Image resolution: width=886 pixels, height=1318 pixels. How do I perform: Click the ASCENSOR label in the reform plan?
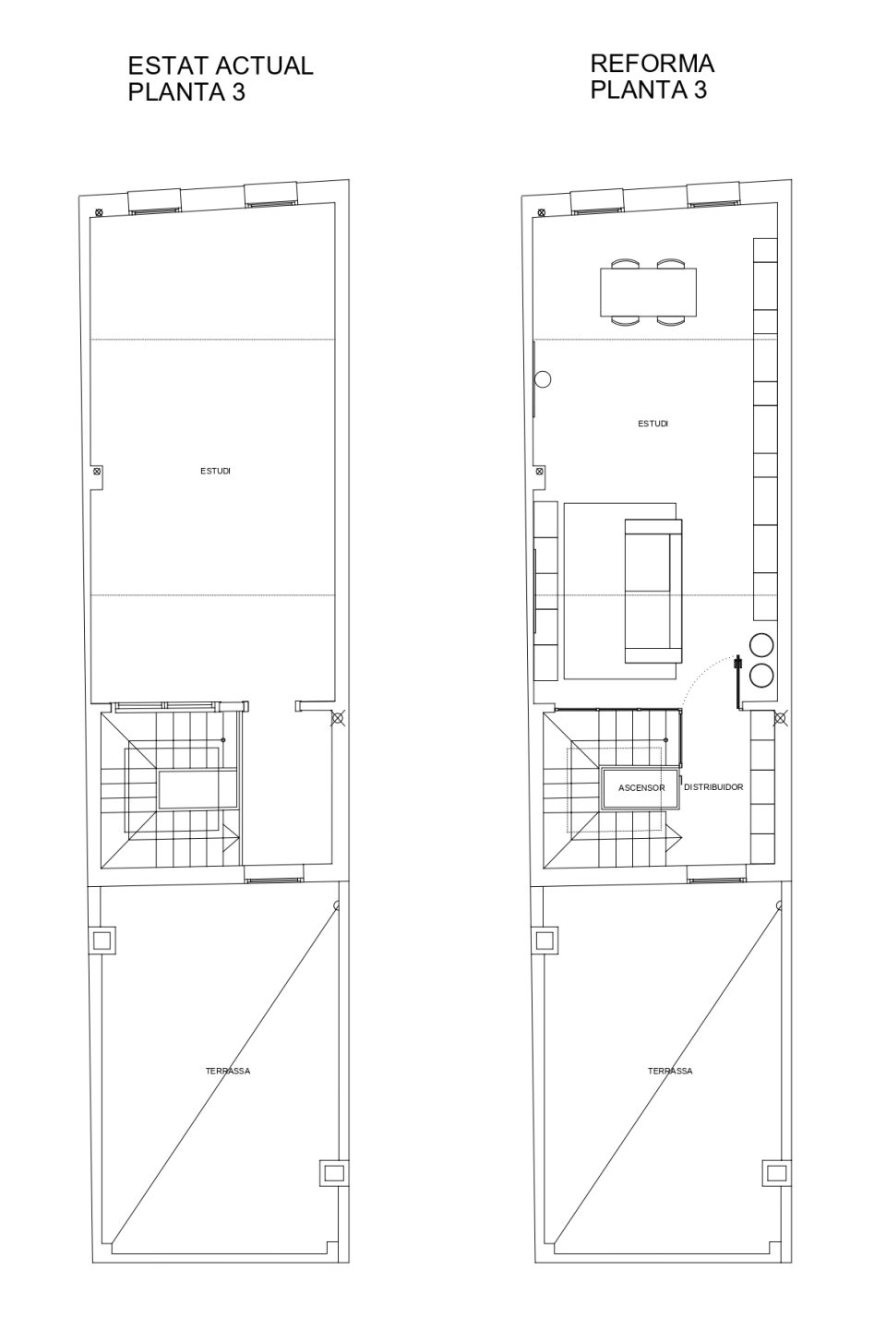coord(641,787)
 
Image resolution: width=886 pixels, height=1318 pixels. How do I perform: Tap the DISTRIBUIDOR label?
coord(713,786)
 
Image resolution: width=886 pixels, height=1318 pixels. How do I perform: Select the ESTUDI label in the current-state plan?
coord(215,471)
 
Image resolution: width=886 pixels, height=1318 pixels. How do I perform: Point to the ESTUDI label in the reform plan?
coord(653,424)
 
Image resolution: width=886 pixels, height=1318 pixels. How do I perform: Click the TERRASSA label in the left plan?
coord(228,1071)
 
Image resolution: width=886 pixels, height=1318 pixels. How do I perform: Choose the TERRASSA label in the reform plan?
coord(670,1071)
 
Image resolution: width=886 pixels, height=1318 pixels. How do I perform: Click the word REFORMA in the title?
coord(653,64)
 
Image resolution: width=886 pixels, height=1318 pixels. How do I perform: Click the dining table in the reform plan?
coord(648,293)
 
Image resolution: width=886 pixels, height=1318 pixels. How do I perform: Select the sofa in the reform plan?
coord(653,591)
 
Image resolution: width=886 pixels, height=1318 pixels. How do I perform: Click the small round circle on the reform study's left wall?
coord(543,379)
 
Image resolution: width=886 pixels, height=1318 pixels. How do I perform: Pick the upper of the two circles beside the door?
coord(761,643)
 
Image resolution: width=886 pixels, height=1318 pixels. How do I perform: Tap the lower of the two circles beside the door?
coord(761,674)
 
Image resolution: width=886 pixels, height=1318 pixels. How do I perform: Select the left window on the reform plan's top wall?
coord(597,200)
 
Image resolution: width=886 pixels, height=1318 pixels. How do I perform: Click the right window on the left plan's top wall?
coord(271,196)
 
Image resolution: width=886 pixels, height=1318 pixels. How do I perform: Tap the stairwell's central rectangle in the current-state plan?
coord(198,790)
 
